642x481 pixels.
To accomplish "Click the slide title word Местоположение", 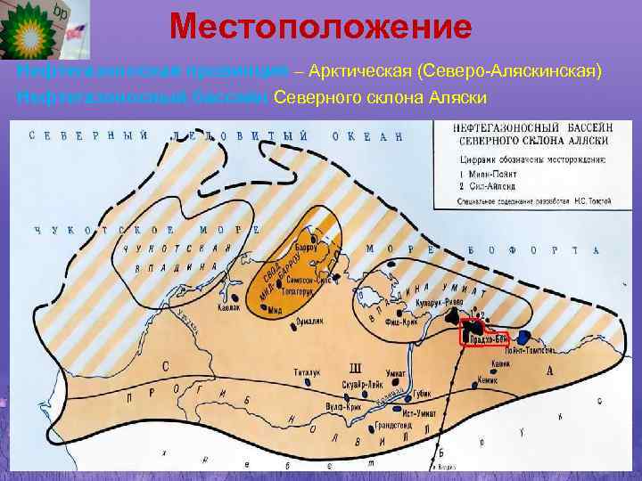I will click(320, 27).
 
